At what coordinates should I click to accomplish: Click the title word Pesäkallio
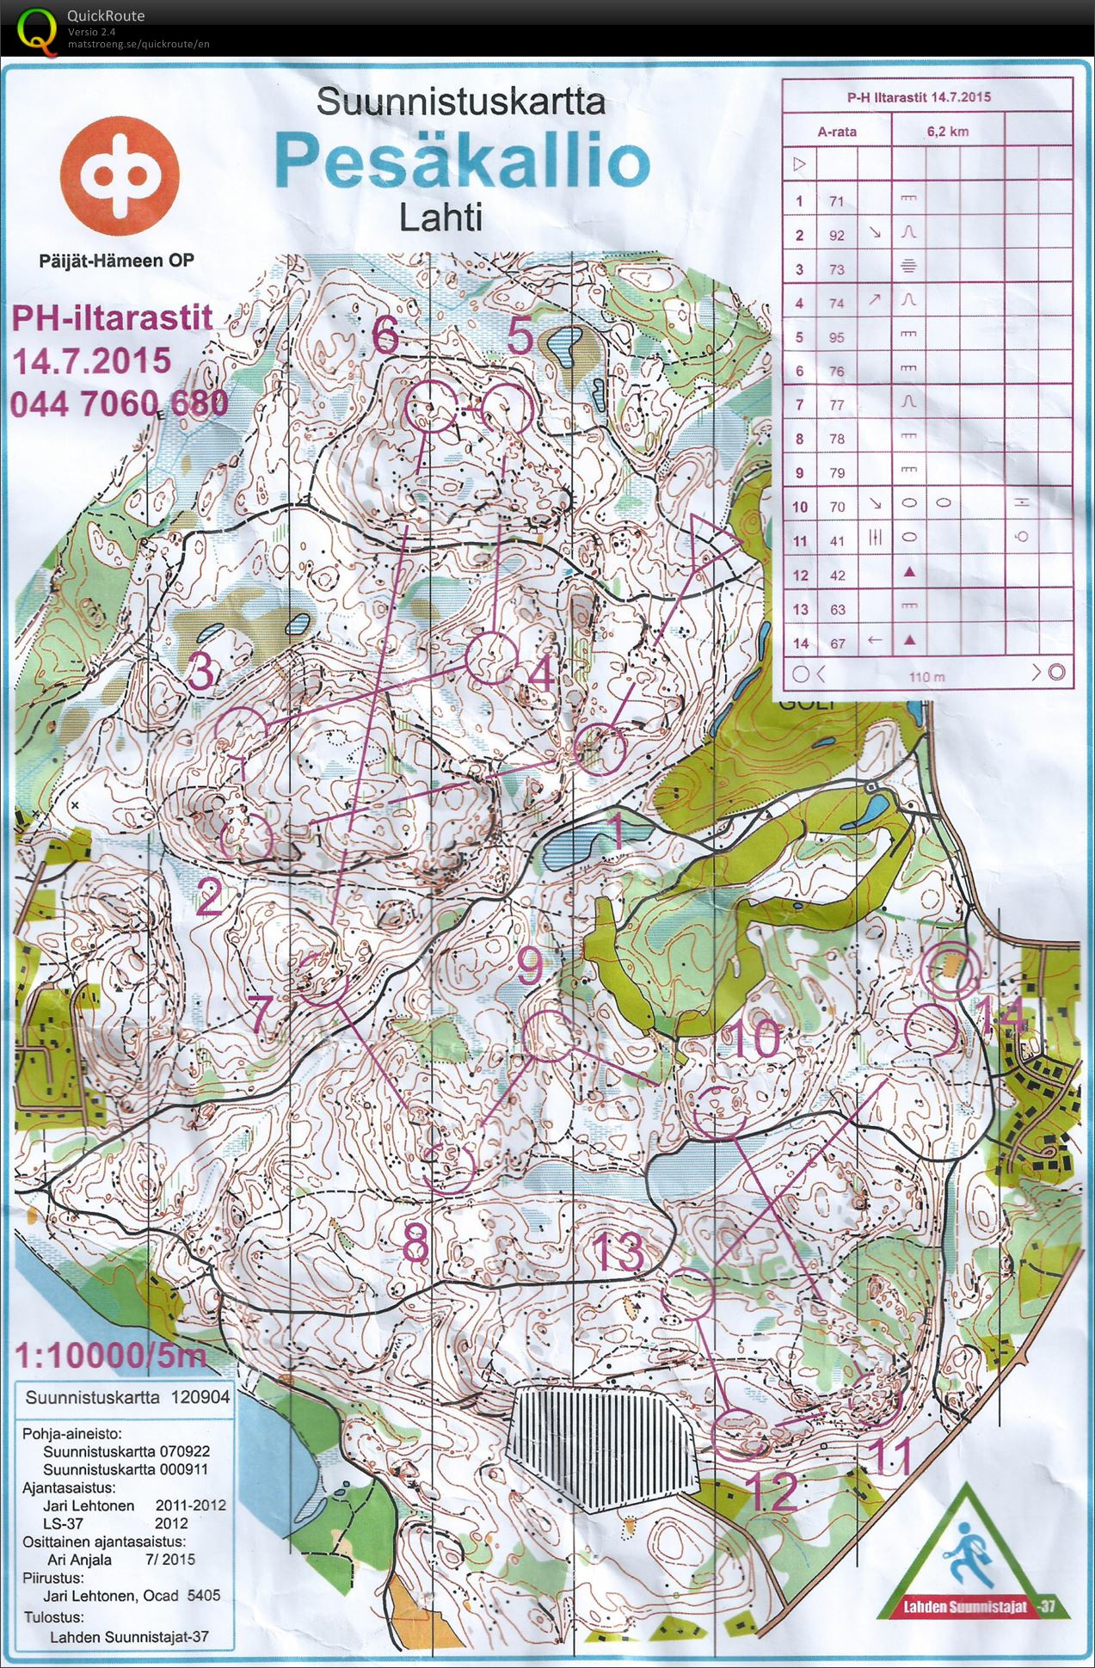[462, 161]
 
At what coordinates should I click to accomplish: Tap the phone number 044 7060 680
[120, 403]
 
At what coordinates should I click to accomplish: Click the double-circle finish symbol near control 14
[950, 968]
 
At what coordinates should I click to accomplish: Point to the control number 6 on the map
[385, 335]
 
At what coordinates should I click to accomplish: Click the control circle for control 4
[491, 658]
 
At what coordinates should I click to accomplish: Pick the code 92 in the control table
[836, 235]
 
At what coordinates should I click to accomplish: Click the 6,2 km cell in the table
[948, 132]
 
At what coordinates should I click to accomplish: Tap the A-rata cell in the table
[836, 132]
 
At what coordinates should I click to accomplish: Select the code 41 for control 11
[836, 541]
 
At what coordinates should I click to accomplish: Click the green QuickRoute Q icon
[34, 28]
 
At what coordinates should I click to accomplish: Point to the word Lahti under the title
[440, 217]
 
